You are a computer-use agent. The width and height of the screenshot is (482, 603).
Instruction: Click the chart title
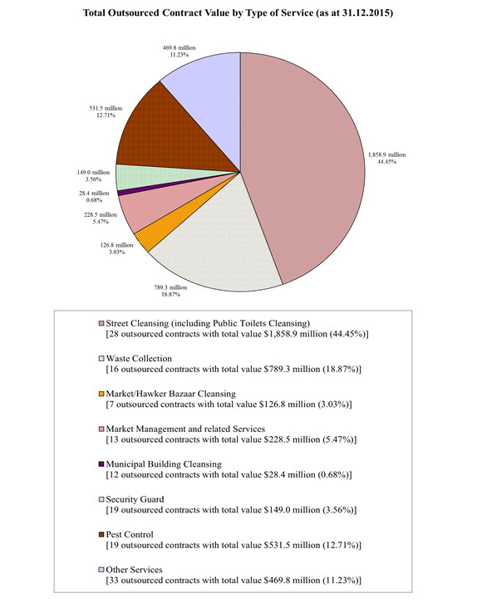(240, 16)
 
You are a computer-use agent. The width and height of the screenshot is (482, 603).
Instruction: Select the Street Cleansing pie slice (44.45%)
(307, 166)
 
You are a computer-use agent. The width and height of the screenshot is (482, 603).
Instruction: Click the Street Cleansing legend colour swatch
(101, 323)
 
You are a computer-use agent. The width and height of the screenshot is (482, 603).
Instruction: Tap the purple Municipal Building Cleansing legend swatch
(101, 463)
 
